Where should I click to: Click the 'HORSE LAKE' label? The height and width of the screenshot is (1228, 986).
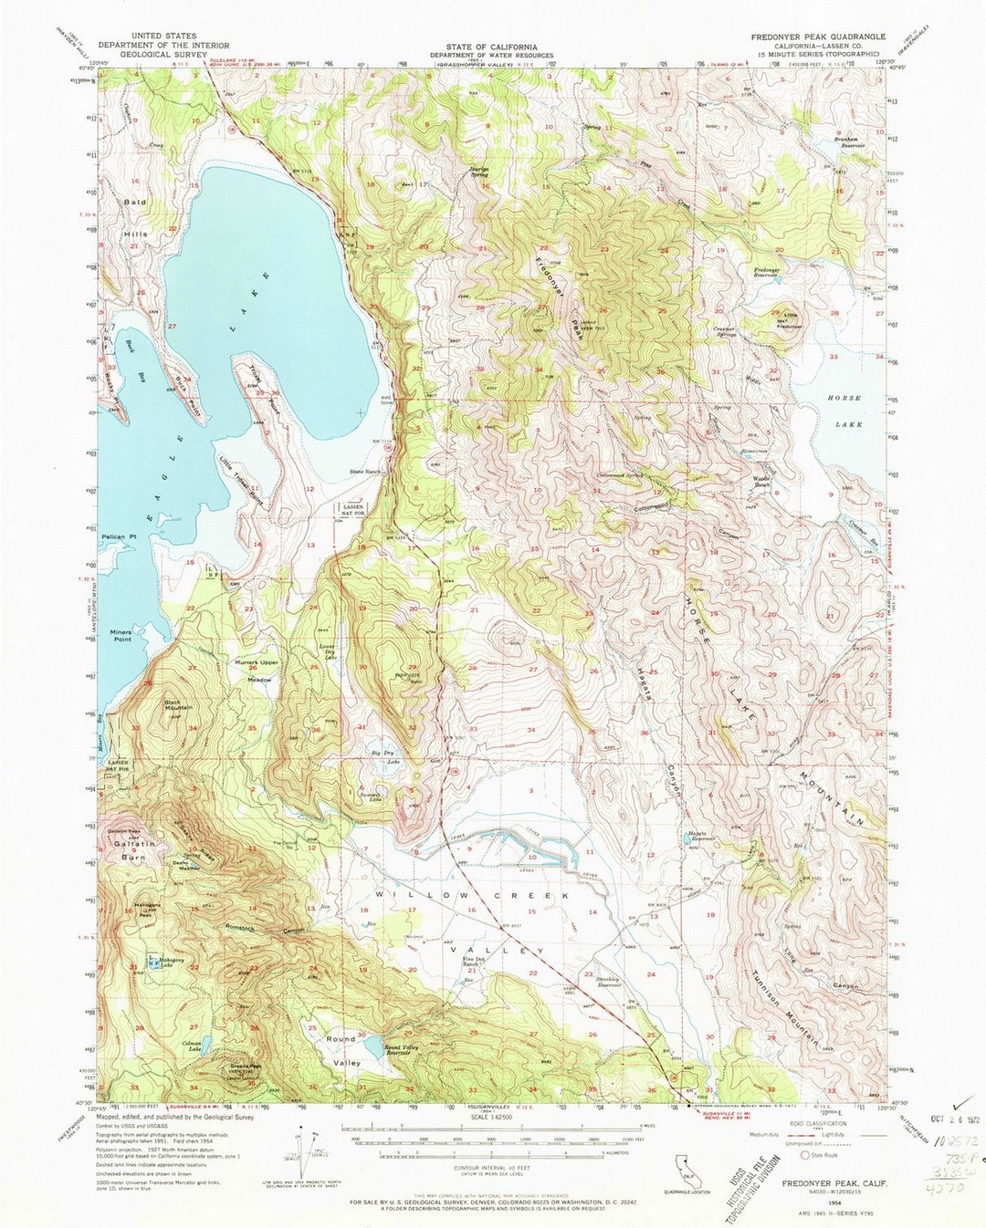pos(844,411)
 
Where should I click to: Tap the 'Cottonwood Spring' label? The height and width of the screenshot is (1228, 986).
pos(620,475)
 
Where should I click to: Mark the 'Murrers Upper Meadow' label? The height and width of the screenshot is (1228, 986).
pos(257,670)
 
